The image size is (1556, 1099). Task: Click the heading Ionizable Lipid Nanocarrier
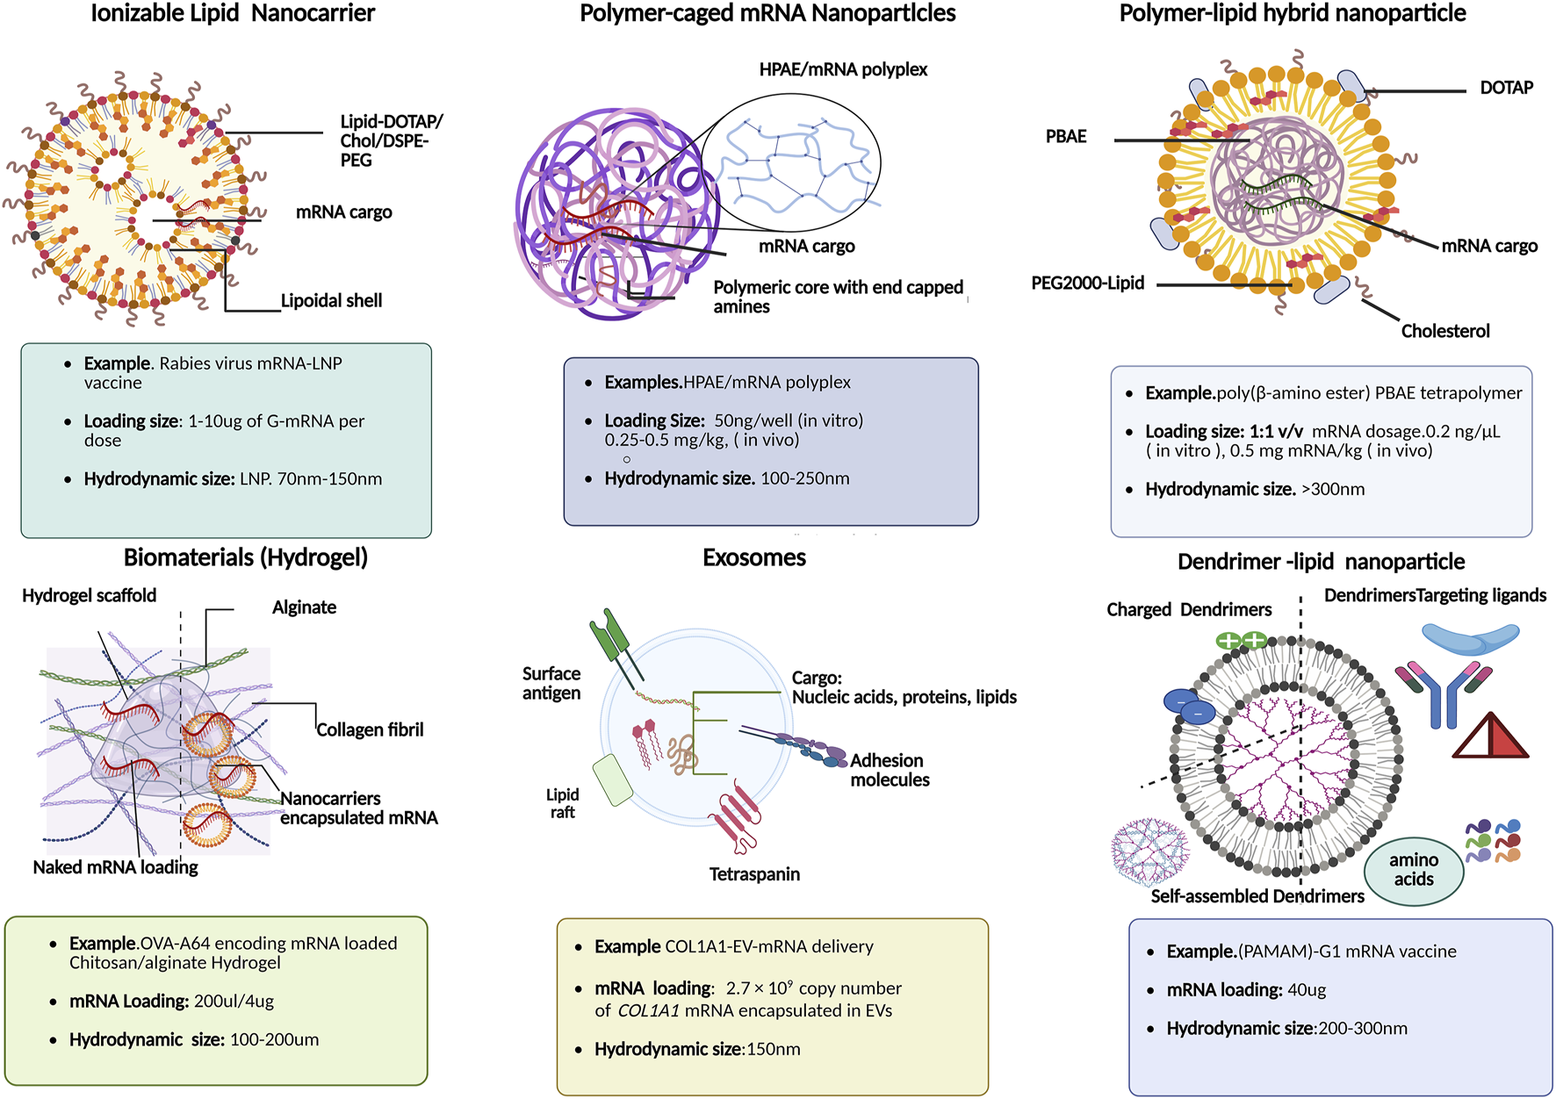(233, 13)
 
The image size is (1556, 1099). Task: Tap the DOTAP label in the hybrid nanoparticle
(1506, 88)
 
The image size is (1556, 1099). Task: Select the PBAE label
(1065, 137)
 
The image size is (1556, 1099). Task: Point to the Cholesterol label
(1444, 332)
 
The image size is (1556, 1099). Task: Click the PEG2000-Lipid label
(1087, 284)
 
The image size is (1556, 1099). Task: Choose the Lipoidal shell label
(331, 301)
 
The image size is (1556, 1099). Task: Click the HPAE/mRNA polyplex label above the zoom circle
(843, 70)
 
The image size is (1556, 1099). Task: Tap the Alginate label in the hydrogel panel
(304, 607)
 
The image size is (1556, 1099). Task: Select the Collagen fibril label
(370, 730)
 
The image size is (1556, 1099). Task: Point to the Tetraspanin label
(754, 874)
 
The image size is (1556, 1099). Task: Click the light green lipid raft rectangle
(613, 779)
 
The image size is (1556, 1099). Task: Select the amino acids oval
(1413, 870)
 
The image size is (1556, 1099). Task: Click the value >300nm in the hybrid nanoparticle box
(1333, 490)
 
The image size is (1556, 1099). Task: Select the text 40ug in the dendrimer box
(1307, 990)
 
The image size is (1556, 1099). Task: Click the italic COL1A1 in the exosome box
(648, 1011)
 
